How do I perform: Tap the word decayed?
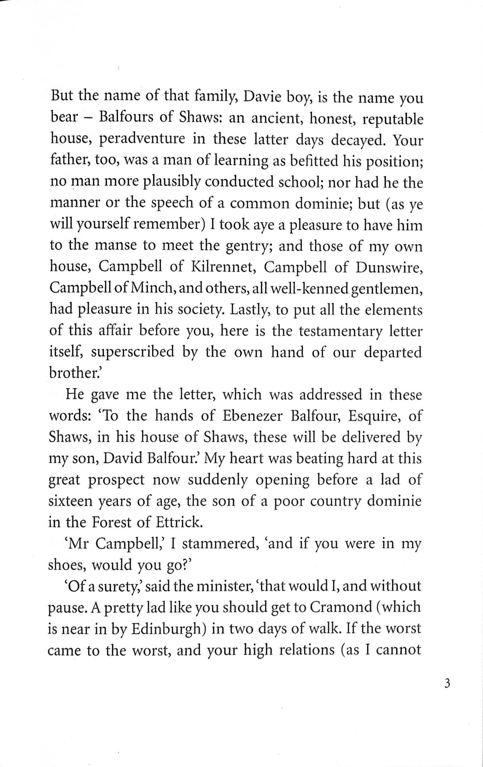pyautogui.click(x=358, y=140)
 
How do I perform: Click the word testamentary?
pyautogui.click(x=340, y=331)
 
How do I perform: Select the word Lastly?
pyautogui.click(x=250, y=310)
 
